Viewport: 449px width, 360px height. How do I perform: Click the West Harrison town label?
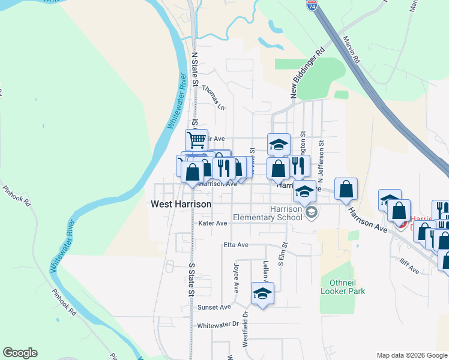pyautogui.click(x=181, y=205)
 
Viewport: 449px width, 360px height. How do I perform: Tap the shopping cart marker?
pyautogui.click(x=196, y=140)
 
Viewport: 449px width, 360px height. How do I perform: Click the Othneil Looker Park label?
pyautogui.click(x=343, y=287)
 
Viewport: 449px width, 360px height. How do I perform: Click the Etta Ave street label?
pyautogui.click(x=235, y=245)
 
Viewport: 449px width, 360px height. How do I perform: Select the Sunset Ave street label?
pyautogui.click(x=214, y=307)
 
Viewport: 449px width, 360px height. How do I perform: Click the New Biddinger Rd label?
pyautogui.click(x=307, y=73)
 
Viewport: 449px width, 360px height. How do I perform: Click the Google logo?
pyautogui.click(x=20, y=353)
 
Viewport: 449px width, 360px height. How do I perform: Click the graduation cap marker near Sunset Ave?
pyautogui.click(x=262, y=293)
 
